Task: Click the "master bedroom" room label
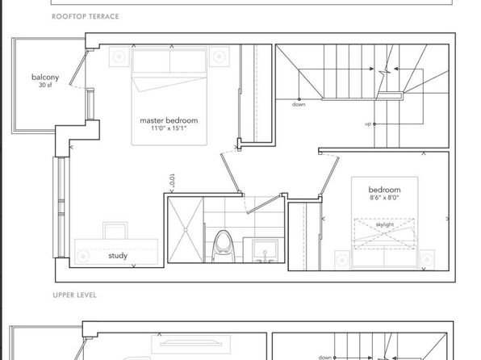(x=169, y=120)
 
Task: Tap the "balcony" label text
(x=45, y=77)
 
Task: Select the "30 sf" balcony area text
(x=45, y=86)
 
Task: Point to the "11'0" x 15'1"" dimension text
(x=169, y=128)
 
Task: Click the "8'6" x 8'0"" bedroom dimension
(x=384, y=198)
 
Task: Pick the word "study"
(x=118, y=256)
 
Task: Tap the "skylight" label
(x=385, y=224)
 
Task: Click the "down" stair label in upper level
(x=299, y=104)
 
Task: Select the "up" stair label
(x=368, y=124)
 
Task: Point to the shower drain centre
(x=186, y=230)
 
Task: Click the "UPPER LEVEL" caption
(x=74, y=295)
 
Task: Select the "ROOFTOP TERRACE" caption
(x=86, y=17)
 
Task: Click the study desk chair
(x=115, y=231)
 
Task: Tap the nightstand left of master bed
(x=119, y=57)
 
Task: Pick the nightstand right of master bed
(x=220, y=57)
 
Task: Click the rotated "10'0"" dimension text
(x=172, y=181)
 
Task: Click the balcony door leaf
(x=78, y=68)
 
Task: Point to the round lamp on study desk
(x=83, y=257)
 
